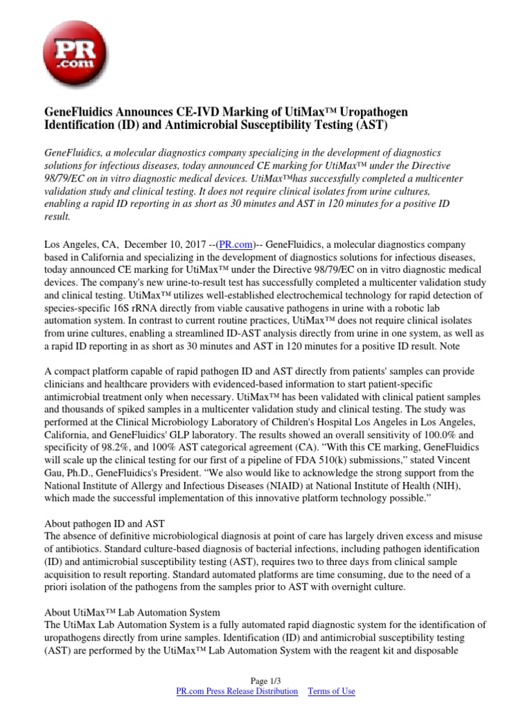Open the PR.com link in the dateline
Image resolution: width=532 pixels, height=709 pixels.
coord(236,245)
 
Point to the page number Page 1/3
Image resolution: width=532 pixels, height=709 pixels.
coord(265,681)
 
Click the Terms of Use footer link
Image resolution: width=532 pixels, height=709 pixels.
coord(331,691)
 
